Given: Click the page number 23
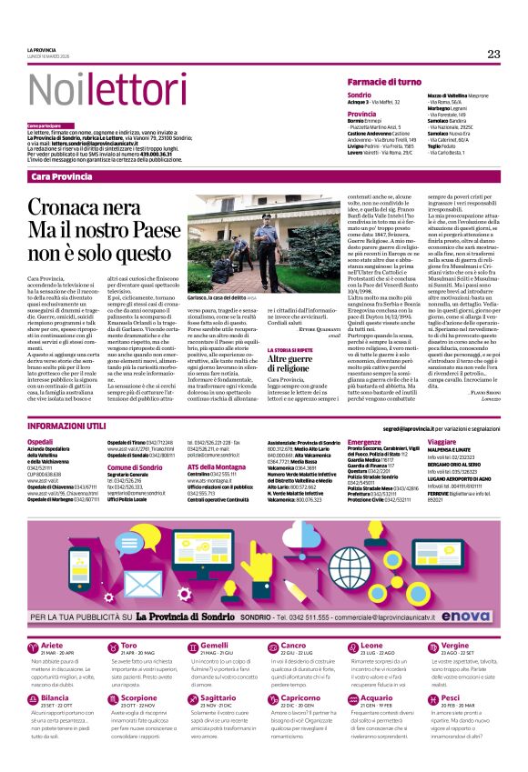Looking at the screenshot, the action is pos(493,55).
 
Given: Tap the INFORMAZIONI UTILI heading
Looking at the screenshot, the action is pos(67,426).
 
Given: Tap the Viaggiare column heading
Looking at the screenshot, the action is pos(443,441).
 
